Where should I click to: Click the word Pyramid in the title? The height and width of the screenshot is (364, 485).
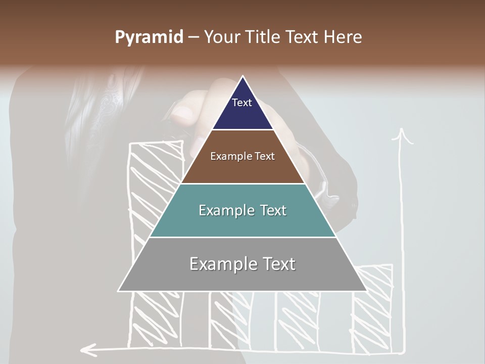(149, 37)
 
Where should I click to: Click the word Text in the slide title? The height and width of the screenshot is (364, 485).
(303, 37)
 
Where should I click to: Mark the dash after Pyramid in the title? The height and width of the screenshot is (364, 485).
(193, 38)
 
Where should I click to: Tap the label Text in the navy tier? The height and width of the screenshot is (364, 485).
(242, 103)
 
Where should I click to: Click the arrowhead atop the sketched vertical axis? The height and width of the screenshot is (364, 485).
(402, 135)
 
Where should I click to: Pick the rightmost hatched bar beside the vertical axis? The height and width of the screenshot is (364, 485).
(374, 308)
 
